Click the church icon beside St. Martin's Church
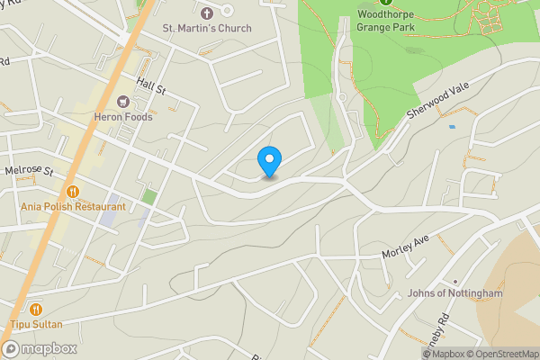coord(206,13)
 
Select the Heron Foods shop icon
coord(123,101)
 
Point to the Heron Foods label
coord(123,117)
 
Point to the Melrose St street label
coord(29,170)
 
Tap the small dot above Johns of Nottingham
coord(454,281)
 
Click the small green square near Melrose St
coord(149,196)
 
